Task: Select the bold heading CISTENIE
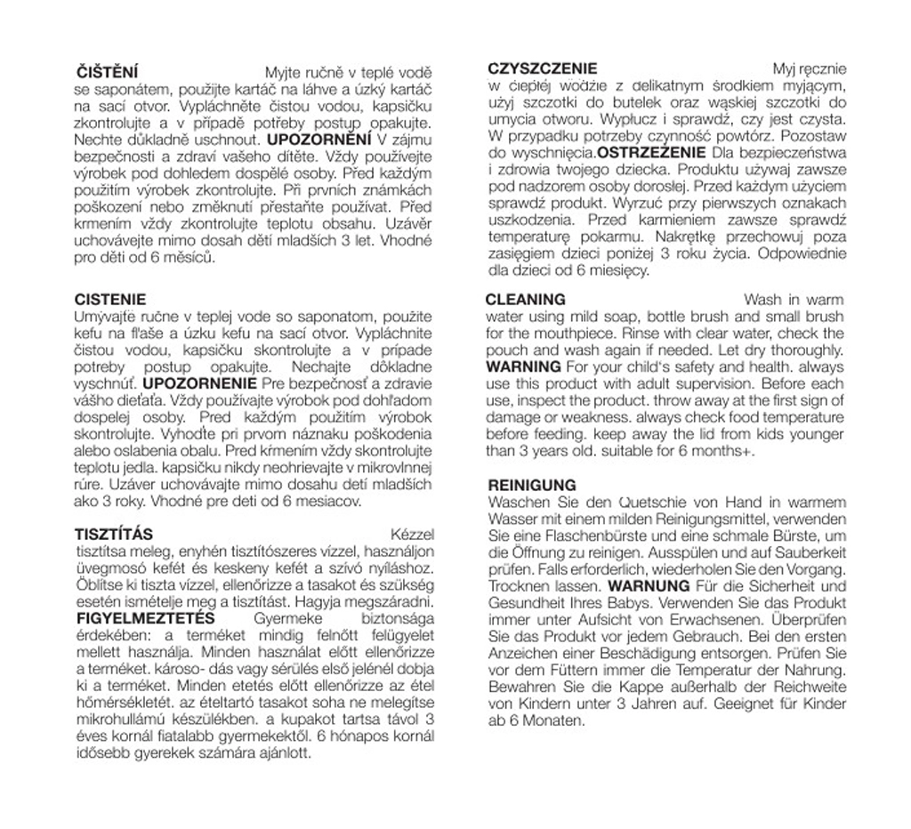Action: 110,300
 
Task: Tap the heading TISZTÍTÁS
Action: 114,535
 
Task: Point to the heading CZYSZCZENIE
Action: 543,68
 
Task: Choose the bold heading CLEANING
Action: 526,300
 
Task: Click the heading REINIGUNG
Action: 533,486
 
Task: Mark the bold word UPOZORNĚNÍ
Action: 319,140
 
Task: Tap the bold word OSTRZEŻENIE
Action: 653,152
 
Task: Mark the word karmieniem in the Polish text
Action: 665,221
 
